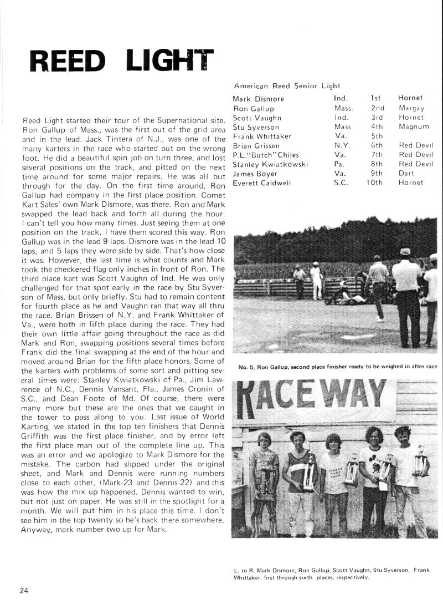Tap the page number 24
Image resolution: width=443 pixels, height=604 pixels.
pos(24,590)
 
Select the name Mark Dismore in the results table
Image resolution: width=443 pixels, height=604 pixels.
pos(258,99)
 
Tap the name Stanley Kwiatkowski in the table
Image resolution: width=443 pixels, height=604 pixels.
pos(270,164)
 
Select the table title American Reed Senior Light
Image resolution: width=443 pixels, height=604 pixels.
pos(287,86)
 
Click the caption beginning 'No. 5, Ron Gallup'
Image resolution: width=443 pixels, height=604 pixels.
pos(338,367)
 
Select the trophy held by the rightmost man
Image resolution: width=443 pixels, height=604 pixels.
pos(421,460)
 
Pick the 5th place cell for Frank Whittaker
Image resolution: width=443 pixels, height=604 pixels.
pos(377,136)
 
